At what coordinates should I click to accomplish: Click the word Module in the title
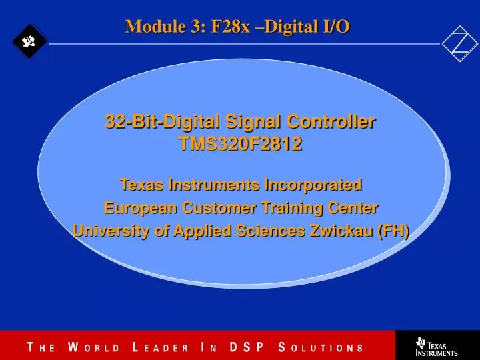pos(148,26)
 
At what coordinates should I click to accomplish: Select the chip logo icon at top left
pos(29,42)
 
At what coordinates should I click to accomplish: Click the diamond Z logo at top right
pos(460,43)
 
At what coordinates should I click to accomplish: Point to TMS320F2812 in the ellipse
pos(240,143)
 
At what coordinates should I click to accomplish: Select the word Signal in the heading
pos(253,122)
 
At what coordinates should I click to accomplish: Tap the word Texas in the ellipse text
pos(141,184)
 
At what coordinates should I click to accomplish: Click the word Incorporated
pos(313,184)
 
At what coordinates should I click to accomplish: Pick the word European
pos(137,207)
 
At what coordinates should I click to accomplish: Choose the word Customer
pos(217,207)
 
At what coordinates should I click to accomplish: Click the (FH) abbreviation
pos(393,231)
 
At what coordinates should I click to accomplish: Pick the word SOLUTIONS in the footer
pos(321,347)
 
